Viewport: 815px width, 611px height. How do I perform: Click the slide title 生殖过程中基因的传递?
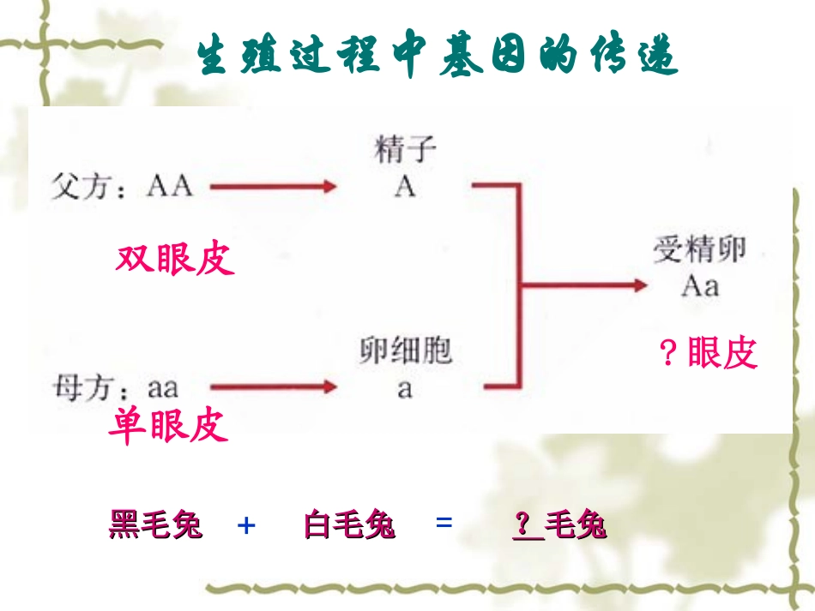point(438,57)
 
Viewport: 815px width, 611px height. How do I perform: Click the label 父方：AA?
point(121,186)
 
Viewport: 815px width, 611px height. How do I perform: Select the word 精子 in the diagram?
point(405,152)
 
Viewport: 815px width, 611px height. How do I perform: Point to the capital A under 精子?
point(405,187)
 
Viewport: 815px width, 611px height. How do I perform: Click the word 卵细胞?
point(405,351)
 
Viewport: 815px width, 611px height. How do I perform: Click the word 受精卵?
point(700,249)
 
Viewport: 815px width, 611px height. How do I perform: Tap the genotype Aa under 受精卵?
point(700,285)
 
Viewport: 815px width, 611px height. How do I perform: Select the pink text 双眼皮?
point(175,259)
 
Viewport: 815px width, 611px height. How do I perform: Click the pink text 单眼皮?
point(168,425)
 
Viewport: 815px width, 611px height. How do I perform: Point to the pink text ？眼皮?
point(709,353)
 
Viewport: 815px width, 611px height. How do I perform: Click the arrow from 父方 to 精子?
point(273,186)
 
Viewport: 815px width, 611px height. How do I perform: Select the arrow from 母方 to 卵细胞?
point(273,387)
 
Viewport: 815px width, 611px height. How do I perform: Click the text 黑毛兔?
point(155,524)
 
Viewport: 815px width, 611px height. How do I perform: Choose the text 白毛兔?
point(349,524)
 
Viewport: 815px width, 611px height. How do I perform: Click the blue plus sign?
point(246,524)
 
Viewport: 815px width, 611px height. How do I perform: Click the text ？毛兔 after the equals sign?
point(559,524)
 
